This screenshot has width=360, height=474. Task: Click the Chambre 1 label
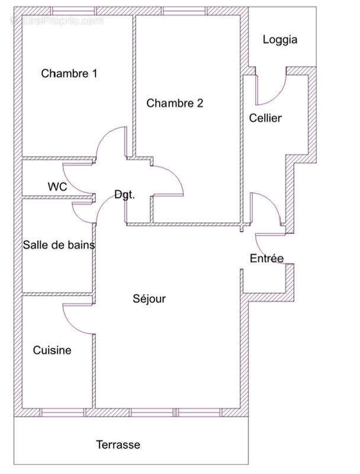[69, 73]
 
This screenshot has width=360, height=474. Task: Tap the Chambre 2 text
[175, 103]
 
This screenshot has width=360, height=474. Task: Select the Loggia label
[279, 40]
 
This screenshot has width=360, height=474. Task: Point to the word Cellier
[265, 118]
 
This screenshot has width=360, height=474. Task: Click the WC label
[57, 187]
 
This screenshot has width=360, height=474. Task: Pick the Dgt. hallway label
[124, 194]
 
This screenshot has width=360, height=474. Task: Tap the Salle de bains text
[59, 245]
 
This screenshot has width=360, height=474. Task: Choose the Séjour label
[149, 299]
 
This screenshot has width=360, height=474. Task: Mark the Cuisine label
[52, 350]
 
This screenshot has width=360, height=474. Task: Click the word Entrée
[266, 258]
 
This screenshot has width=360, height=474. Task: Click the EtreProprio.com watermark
[57, 20]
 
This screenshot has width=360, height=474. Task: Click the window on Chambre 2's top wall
[185, 11]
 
